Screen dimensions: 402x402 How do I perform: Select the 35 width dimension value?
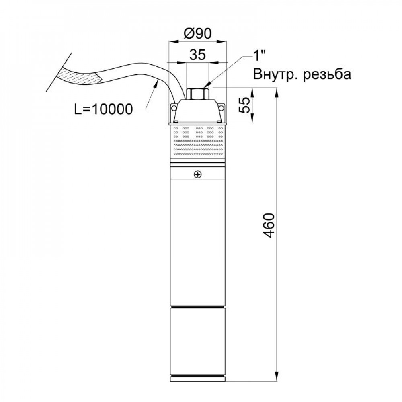pyautogui.click(x=197, y=55)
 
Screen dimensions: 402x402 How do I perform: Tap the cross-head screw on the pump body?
pyautogui.click(x=197, y=174)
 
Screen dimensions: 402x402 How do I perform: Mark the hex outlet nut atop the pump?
pyautogui.click(x=197, y=93)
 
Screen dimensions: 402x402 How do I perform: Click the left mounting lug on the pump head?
pyautogui.click(x=174, y=108)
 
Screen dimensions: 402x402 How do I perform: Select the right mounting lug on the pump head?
pyautogui.click(x=221, y=108)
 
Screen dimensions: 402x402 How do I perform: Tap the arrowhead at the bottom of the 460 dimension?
pyautogui.click(x=277, y=379)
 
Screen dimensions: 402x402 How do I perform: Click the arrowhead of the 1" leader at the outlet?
pyautogui.click(x=207, y=86)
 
